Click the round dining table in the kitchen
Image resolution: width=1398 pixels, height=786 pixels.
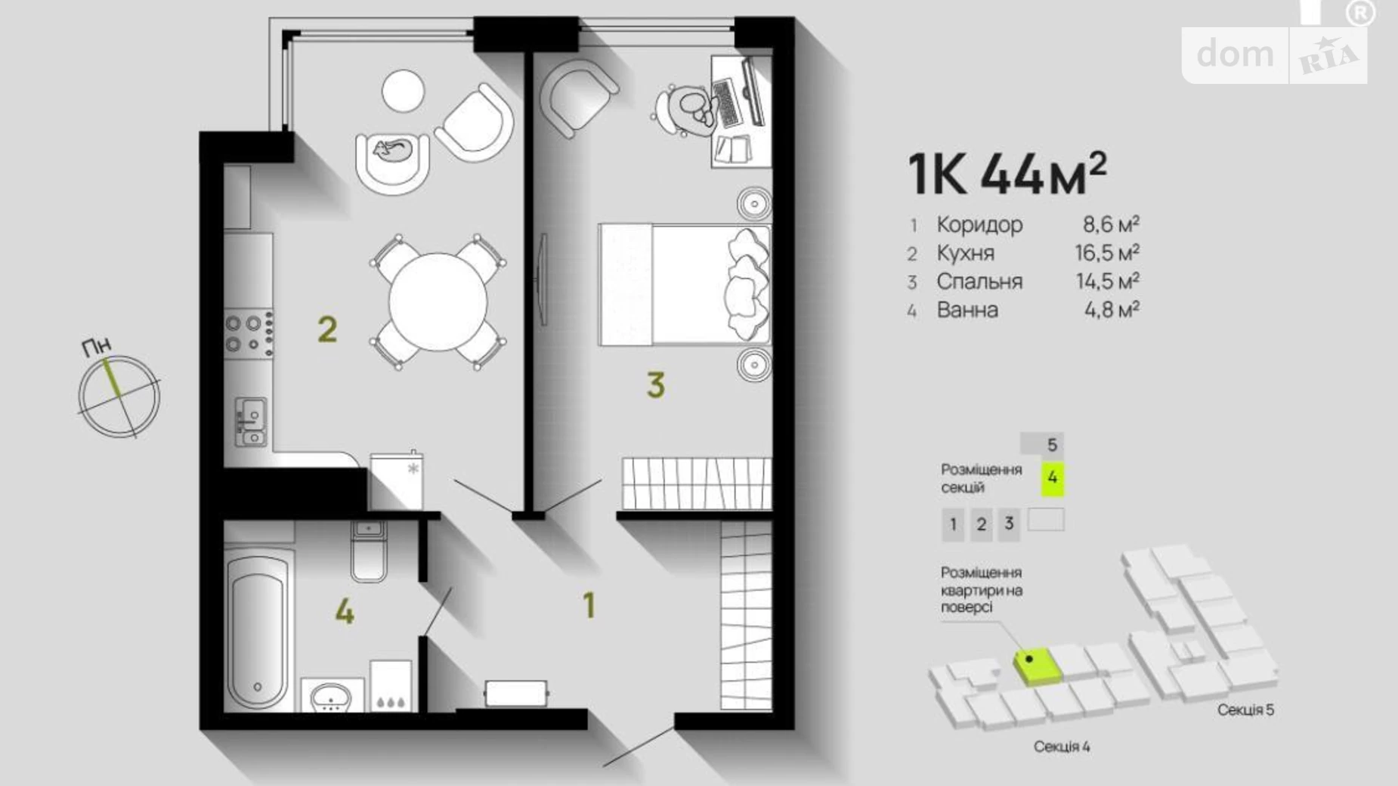(x=438, y=301)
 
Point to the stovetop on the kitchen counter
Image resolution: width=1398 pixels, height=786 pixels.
(x=249, y=333)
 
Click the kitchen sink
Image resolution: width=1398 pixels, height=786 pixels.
(x=250, y=422)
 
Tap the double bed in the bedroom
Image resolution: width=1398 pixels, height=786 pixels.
(x=685, y=285)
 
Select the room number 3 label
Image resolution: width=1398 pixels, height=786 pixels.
(x=655, y=385)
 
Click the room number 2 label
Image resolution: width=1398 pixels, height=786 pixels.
(x=327, y=330)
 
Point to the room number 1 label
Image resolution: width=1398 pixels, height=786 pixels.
(x=589, y=605)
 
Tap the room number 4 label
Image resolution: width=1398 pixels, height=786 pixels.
(x=345, y=611)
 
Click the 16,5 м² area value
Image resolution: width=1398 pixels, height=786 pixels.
(x=1107, y=252)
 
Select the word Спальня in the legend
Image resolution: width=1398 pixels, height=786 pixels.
(x=979, y=281)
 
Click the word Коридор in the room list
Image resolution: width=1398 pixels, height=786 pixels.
(x=979, y=224)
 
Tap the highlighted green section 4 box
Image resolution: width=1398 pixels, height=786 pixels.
(x=1053, y=478)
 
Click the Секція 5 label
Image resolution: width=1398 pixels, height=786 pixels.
(x=1245, y=710)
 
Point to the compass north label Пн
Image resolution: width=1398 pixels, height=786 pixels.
(x=97, y=347)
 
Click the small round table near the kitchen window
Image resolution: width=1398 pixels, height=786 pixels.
(x=403, y=91)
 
